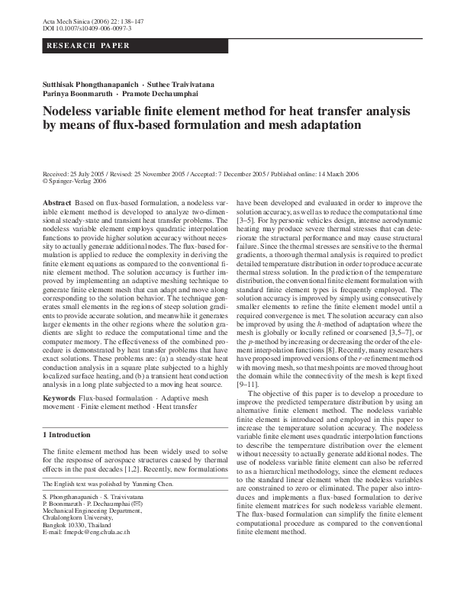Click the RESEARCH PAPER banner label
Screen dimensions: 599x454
tap(79, 47)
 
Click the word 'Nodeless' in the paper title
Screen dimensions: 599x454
tap(75, 111)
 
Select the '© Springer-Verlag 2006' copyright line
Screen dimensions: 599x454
tap(74, 182)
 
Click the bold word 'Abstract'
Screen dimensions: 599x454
tap(56, 202)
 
